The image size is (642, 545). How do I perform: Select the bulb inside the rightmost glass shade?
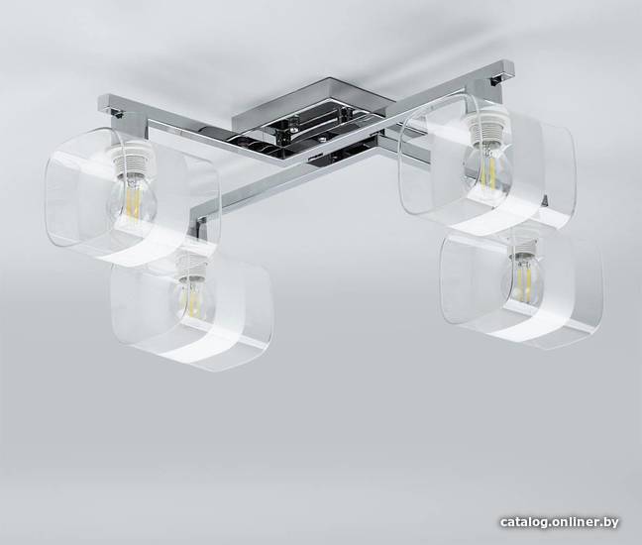click(522, 278)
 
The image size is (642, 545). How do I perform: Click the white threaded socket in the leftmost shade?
click(132, 159)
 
